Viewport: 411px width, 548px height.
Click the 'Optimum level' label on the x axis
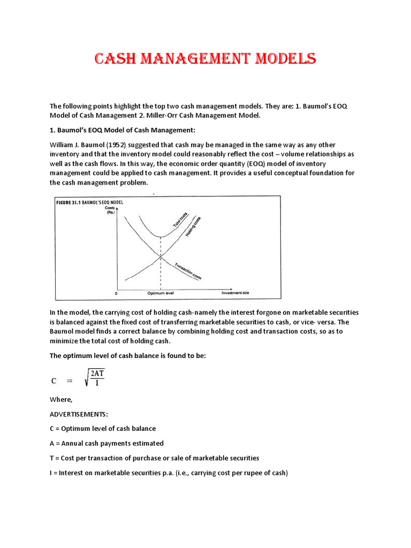click(x=161, y=293)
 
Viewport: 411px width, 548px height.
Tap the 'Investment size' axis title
click(x=236, y=293)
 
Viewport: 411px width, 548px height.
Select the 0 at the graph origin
click(x=116, y=294)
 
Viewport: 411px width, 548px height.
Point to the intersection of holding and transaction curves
click(x=161, y=257)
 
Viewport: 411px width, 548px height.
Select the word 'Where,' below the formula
click(x=60, y=399)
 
